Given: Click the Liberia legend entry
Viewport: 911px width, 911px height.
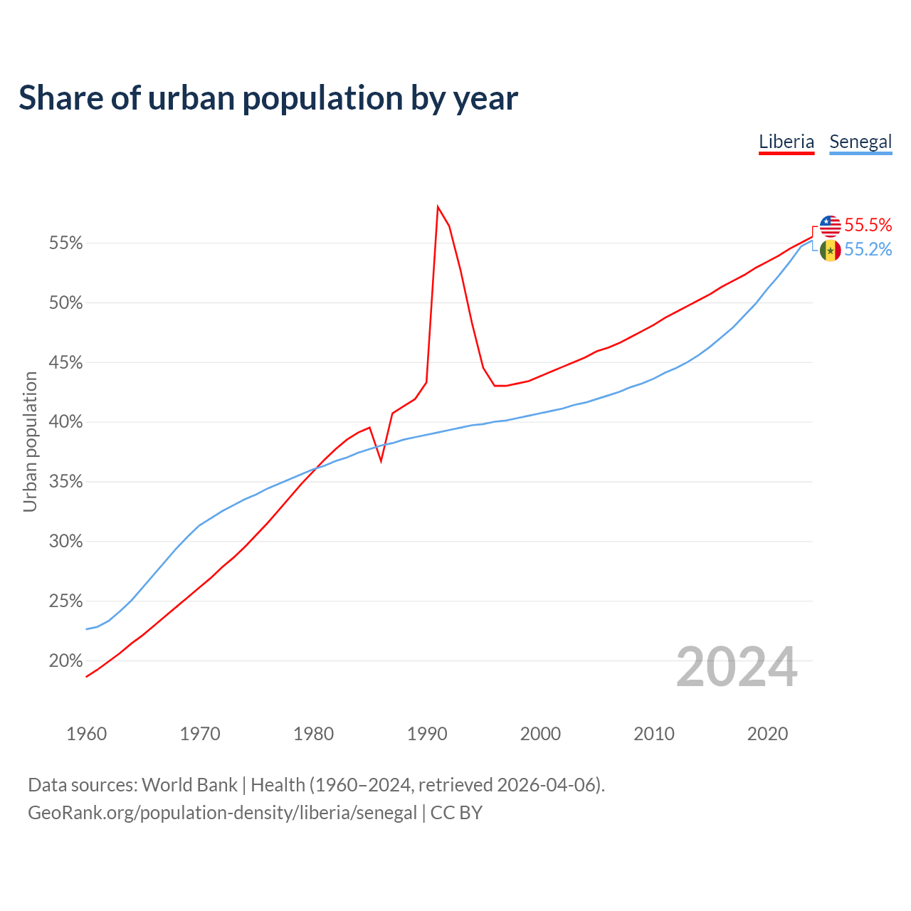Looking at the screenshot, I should point(786,142).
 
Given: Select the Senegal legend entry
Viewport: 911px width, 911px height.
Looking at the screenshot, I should point(860,142).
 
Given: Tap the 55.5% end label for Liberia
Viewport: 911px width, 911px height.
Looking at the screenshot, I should point(868,226).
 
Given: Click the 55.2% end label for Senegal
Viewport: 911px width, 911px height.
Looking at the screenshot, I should point(868,250).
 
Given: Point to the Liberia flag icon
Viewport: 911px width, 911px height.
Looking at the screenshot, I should point(831,226).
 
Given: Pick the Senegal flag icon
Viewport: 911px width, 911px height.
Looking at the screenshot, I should point(831,251).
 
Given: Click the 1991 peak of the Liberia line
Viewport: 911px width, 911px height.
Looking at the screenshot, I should point(438,207).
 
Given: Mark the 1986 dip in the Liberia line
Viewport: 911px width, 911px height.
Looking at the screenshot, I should point(381,461).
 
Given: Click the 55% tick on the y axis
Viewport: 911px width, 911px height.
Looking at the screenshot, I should point(66,243).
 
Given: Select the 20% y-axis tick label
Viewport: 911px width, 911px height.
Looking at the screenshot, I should point(66,661).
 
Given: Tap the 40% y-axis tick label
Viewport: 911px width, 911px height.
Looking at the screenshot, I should point(66,423).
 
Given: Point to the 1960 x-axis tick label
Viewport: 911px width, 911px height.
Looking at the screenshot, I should point(86,734).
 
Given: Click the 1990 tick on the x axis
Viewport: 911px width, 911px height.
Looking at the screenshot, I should point(427,734).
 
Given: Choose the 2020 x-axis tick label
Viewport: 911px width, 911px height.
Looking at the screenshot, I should point(767,734).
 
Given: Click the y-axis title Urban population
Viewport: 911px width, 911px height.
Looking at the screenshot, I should point(30,441).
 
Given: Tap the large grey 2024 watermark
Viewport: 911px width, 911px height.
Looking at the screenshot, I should point(737,668).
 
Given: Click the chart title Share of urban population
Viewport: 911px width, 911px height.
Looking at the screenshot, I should point(268,98).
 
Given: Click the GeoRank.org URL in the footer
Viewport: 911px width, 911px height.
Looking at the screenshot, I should point(222,813).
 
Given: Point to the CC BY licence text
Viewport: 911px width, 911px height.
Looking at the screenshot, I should point(456,813).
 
